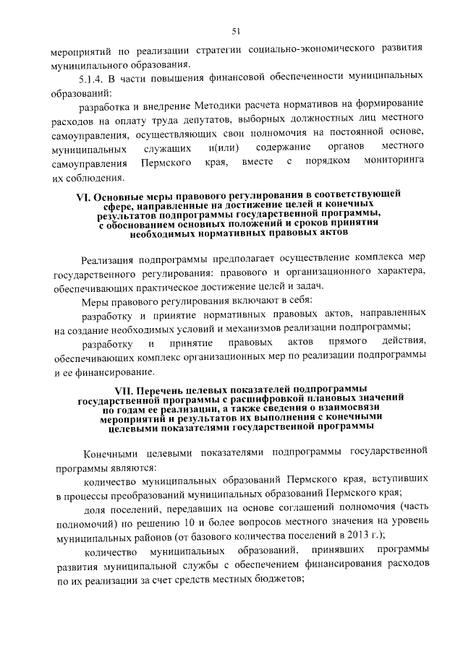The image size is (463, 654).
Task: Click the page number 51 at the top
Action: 236,30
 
